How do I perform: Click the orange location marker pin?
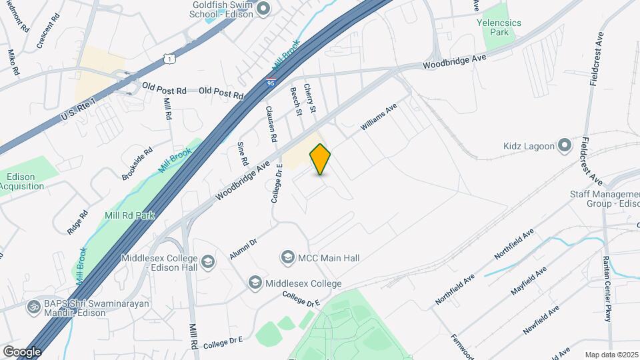(x=321, y=159)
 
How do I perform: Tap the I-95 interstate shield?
(x=270, y=80)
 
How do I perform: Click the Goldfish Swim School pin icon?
(x=263, y=8)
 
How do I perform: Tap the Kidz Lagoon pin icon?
(x=565, y=145)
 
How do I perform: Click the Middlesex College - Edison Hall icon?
(x=208, y=261)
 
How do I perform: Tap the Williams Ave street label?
(x=379, y=116)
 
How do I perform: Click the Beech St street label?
(x=296, y=103)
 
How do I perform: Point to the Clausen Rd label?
(x=271, y=124)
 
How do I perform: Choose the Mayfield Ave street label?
(x=529, y=280)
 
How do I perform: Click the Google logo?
(x=22, y=351)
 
